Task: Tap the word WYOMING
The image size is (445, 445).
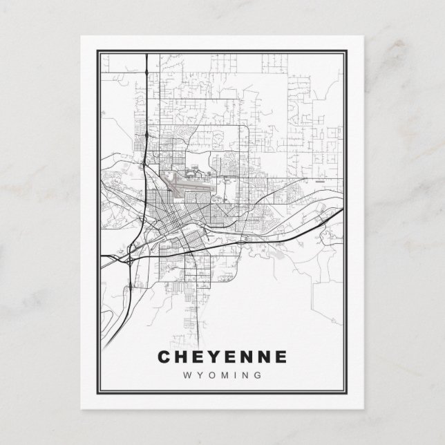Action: (x=223, y=375)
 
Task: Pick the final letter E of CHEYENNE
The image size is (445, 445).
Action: (x=278, y=357)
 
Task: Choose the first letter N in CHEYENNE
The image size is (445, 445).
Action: (x=245, y=357)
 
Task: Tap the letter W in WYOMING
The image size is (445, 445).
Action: (x=186, y=375)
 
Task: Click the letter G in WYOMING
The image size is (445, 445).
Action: (x=258, y=375)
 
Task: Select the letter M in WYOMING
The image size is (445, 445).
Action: (x=224, y=375)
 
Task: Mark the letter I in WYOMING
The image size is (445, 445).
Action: (x=236, y=375)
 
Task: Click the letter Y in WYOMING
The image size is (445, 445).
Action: (x=199, y=375)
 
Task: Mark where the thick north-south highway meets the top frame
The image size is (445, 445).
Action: (x=147, y=52)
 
